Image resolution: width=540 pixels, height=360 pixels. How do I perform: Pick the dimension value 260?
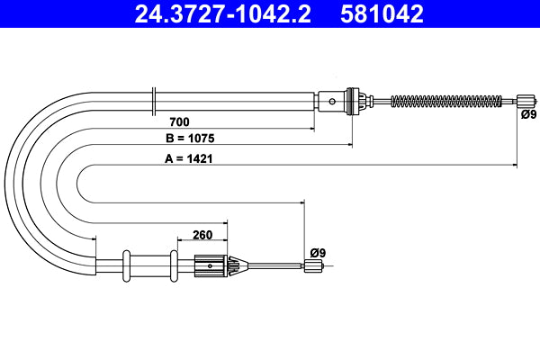pos(202,236)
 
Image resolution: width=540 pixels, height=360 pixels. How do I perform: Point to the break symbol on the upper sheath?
pos(156,99)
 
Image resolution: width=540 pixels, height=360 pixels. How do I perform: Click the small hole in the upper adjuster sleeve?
pos(333,101)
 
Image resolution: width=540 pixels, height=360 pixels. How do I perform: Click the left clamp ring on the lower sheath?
pos(127,265)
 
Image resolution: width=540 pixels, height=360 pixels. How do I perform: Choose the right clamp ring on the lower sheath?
pos(171,265)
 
